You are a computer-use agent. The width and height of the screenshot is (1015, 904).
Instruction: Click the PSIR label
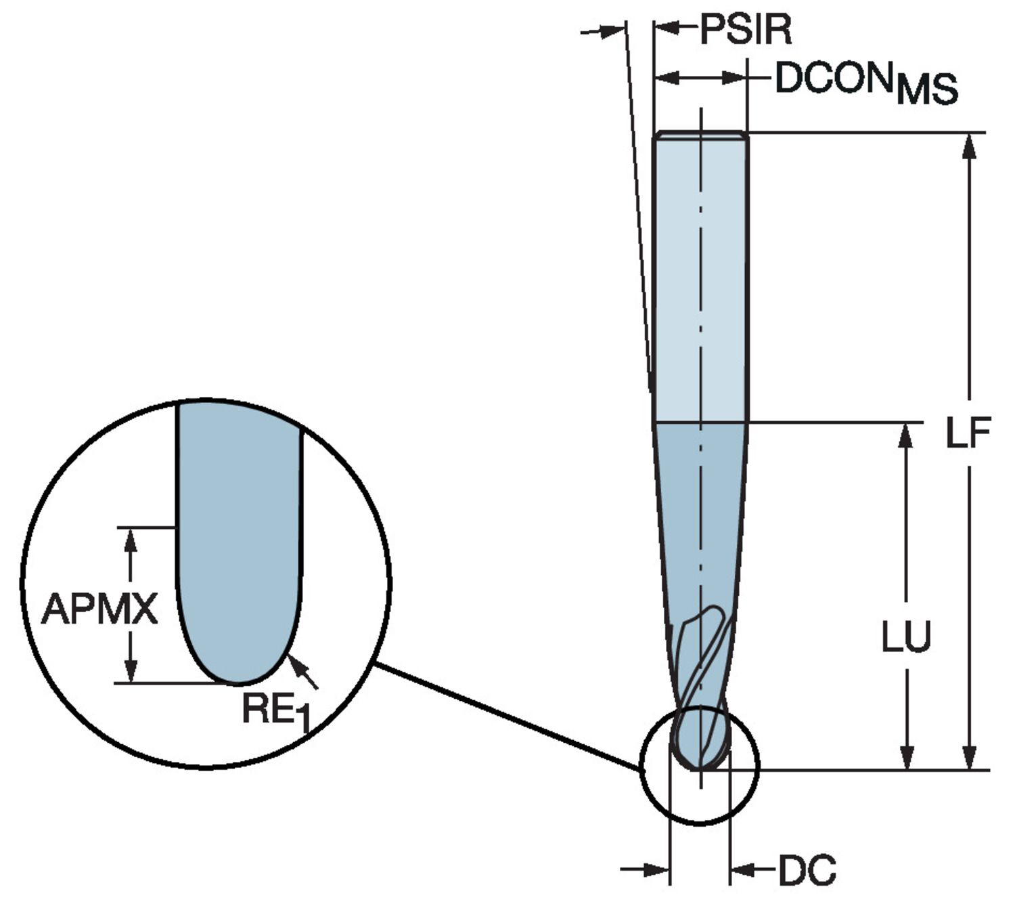(745, 30)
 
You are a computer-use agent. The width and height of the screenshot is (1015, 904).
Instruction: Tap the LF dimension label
(968, 433)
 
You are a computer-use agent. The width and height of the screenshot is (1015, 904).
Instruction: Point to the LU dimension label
(906, 637)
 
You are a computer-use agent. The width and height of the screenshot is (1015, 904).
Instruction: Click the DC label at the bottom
(807, 869)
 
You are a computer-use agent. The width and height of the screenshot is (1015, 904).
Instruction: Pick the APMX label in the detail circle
(99, 609)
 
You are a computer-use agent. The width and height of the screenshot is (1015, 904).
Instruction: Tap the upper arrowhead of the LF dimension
(969, 146)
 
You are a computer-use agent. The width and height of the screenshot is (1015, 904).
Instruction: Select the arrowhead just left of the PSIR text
(667, 28)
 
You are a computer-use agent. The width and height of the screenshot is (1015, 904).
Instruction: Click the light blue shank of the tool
(700, 271)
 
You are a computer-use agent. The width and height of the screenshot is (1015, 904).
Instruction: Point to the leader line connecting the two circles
(507, 717)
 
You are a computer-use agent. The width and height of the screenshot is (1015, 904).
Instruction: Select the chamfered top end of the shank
(700, 135)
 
